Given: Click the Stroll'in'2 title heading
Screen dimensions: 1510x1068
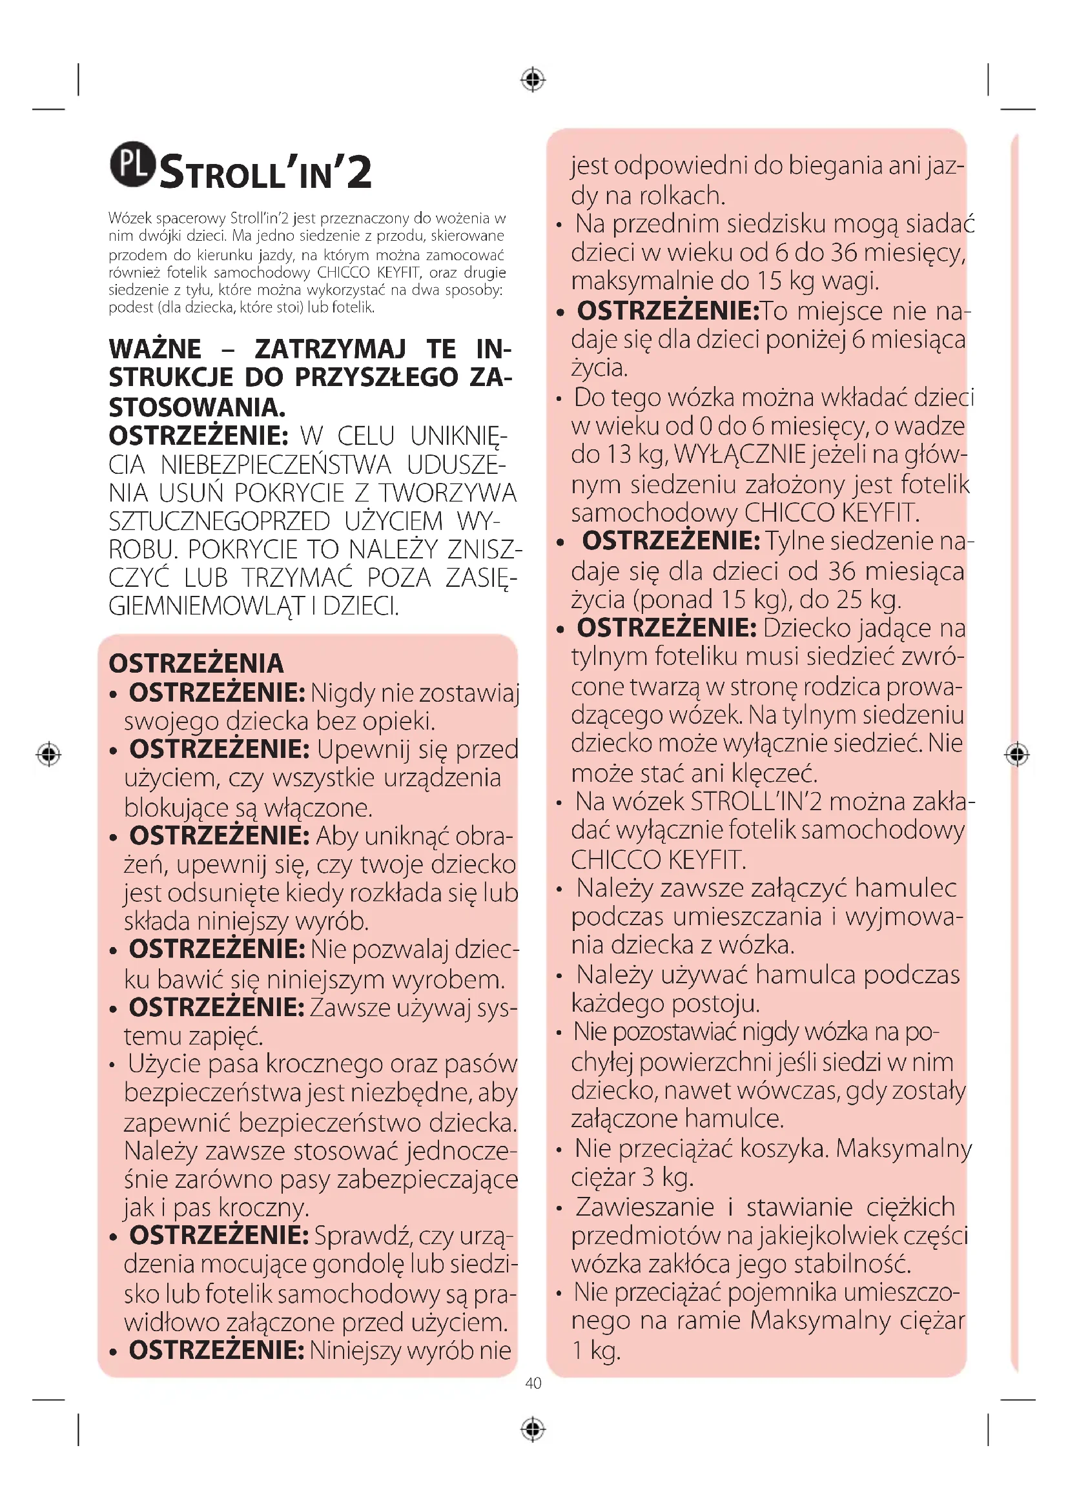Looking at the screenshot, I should coord(265,172).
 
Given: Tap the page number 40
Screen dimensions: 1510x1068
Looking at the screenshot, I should coord(533,1383).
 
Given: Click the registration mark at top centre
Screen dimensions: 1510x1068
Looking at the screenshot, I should coord(533,79).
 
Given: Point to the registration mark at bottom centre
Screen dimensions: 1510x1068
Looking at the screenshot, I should coord(533,1429).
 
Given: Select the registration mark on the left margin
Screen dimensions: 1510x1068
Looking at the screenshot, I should coord(48,753).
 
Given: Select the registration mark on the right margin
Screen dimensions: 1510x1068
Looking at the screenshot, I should coord(1017,753).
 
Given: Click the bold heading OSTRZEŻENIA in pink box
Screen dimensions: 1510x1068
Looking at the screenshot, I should coord(196,664).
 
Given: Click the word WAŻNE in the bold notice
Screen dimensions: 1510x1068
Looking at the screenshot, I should coord(155,349).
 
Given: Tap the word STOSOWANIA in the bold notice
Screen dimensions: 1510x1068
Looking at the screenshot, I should coord(197,407).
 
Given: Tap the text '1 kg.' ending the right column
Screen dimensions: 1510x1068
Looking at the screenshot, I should coord(596,1350).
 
